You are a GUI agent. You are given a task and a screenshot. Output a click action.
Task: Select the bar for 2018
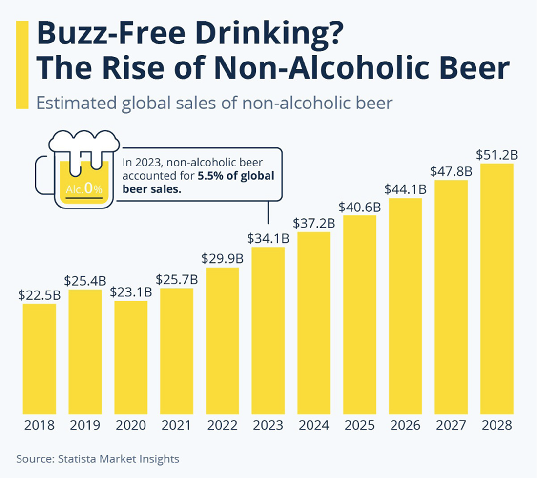[x=40, y=358]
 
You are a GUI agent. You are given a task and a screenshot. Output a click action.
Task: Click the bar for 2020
[x=131, y=357]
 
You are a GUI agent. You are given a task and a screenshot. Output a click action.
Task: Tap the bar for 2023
[x=268, y=330]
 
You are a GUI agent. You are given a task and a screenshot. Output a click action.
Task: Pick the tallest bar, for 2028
[x=497, y=288]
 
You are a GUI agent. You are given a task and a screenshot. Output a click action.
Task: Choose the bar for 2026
[x=405, y=305]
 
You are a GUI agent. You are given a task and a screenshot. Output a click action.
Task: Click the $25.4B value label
[x=85, y=281]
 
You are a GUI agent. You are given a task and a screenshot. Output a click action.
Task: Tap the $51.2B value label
[x=497, y=155]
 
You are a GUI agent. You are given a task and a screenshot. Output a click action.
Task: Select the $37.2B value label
[x=314, y=223]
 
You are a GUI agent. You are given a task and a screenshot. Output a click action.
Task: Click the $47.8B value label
[x=451, y=172]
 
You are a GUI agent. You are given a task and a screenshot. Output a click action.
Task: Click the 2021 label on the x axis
[x=177, y=425]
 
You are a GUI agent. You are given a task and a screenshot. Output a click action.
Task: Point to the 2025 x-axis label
[x=360, y=425]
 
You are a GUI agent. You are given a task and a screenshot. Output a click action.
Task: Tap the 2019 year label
[x=85, y=425]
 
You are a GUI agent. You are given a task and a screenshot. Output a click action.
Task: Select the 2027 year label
[x=451, y=425]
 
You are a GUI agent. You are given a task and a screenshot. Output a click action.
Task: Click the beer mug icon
[x=77, y=168]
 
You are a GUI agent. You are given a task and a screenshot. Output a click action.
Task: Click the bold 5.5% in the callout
[x=212, y=176]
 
